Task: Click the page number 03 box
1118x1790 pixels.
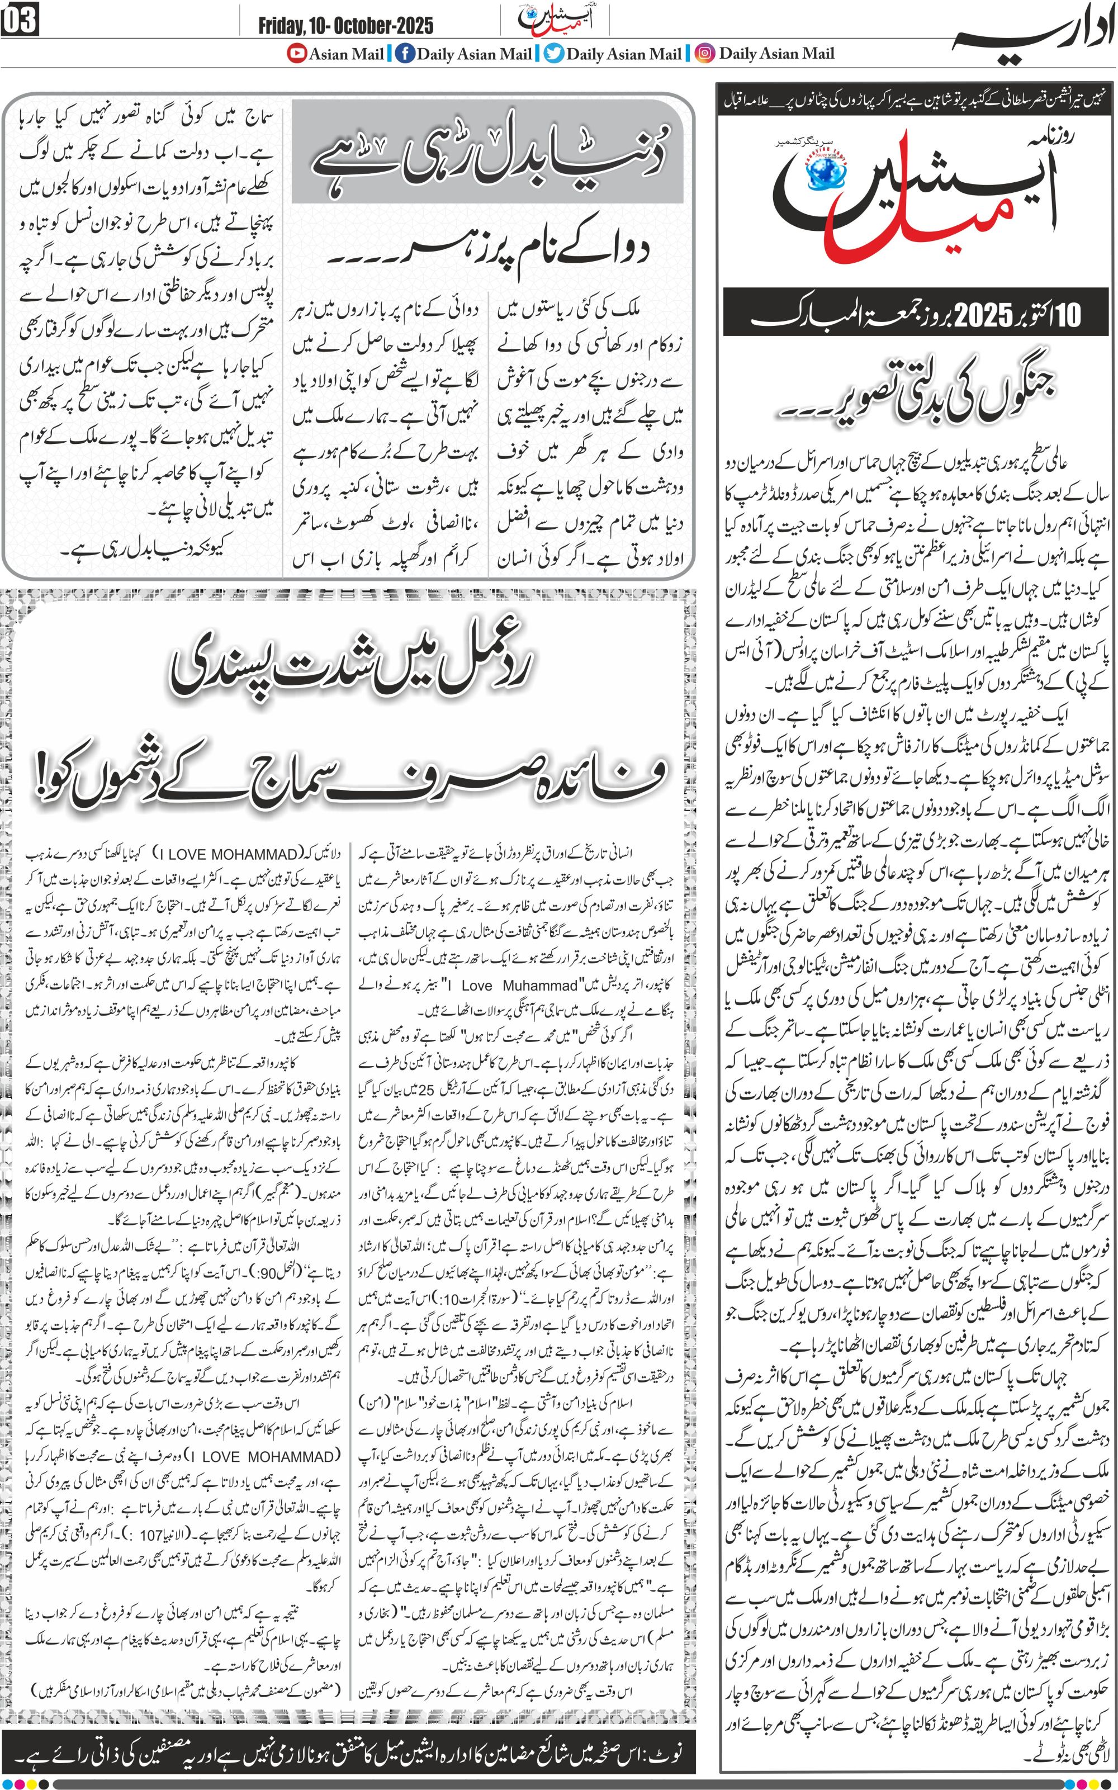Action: click(x=20, y=21)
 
